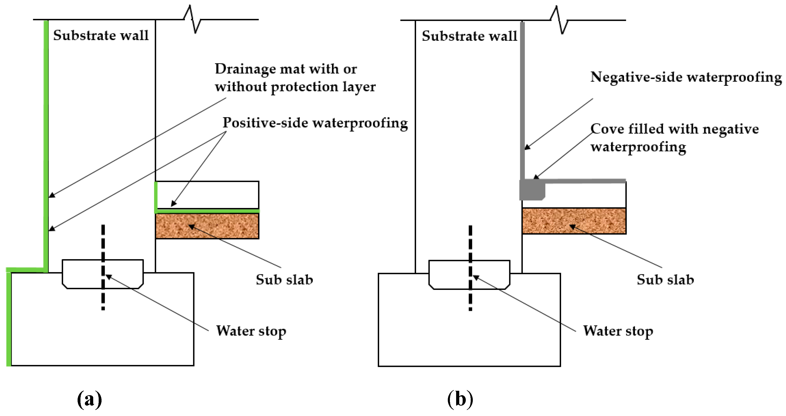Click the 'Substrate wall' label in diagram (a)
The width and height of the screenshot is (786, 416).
(101, 35)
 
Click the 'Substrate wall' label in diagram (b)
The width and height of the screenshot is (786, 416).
(469, 36)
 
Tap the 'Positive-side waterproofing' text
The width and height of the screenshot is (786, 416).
(315, 123)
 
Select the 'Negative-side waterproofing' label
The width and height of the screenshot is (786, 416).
(686, 77)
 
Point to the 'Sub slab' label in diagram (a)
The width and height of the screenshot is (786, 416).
(284, 279)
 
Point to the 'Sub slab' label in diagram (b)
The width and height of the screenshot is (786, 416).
(665, 279)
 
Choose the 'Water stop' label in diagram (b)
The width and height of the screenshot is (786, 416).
(618, 331)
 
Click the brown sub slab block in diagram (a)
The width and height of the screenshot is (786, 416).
(207, 226)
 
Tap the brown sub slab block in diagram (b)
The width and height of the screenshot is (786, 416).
(574, 221)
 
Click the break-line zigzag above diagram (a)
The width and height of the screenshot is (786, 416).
(192, 19)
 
